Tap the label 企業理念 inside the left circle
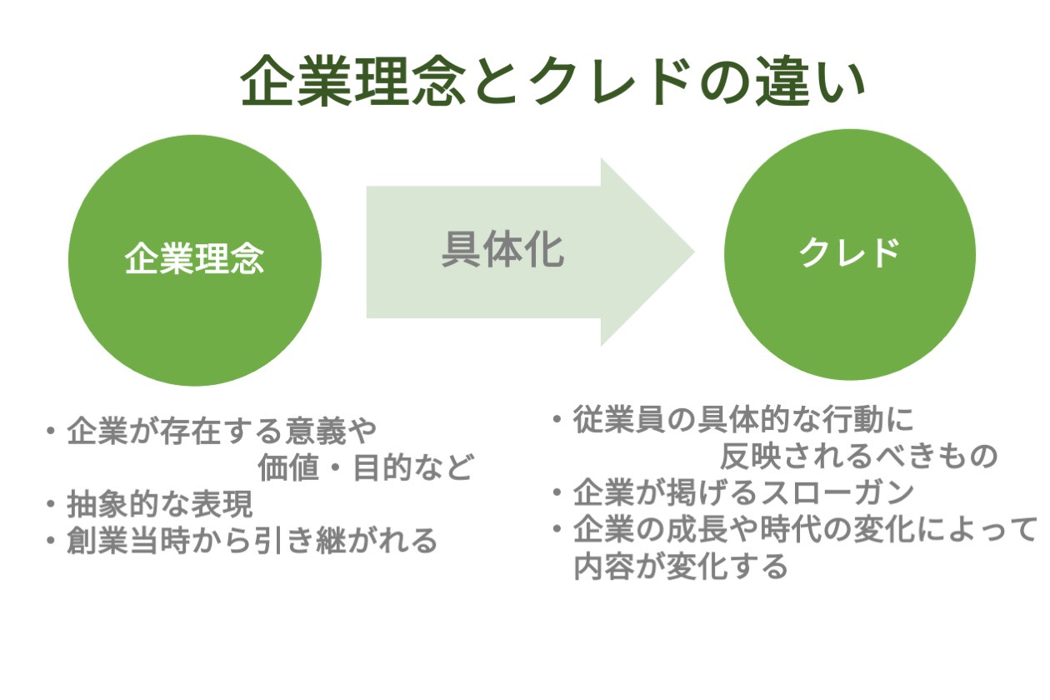[194, 257]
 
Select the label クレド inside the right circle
[849, 253]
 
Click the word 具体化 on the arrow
[502, 249]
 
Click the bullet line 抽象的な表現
[160, 504]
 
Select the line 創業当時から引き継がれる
[252, 540]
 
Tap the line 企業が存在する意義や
[222, 432]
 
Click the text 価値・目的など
[365, 467]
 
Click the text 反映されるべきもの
[858, 455]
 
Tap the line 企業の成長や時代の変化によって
[805, 529]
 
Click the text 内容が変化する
[681, 567]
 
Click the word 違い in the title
[820, 82]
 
